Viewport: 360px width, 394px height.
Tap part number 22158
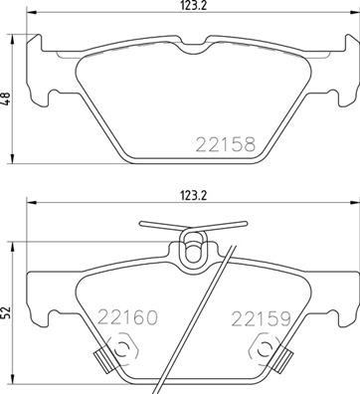pyautogui.click(x=224, y=143)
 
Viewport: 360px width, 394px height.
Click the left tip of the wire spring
pyautogui.click(x=142, y=225)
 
